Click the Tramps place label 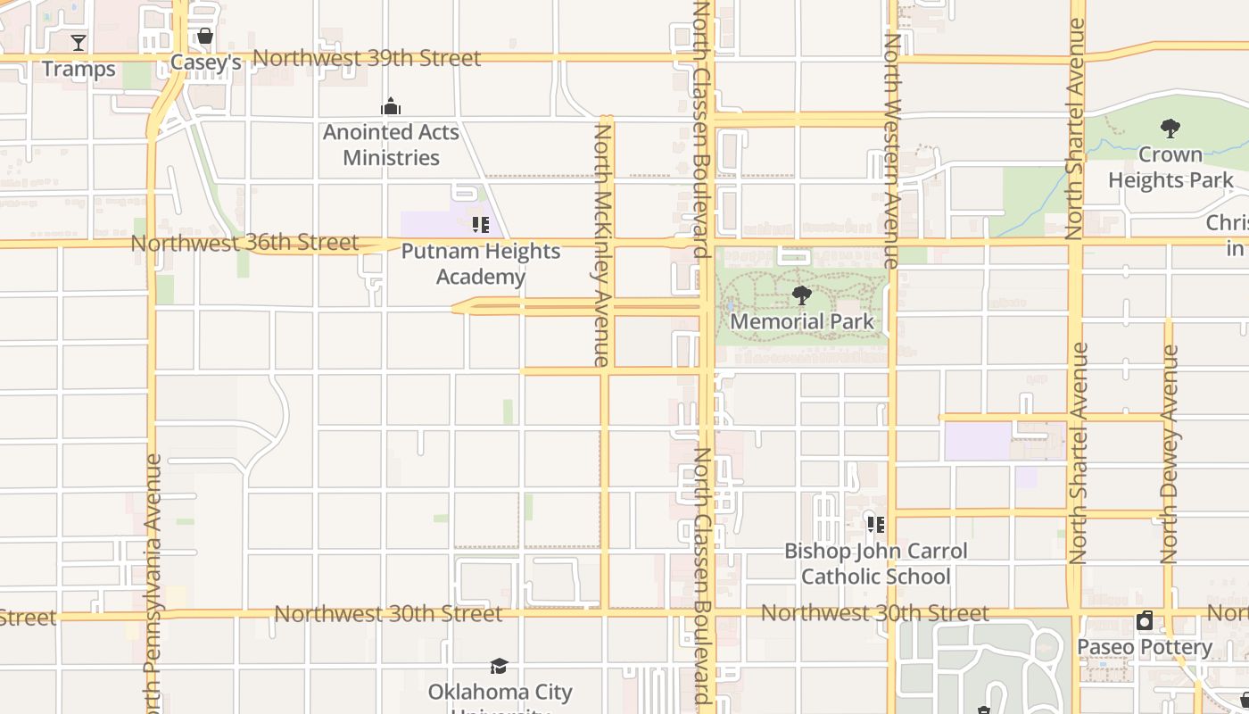(79, 69)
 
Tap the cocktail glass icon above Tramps (79, 42)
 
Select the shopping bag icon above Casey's (205, 37)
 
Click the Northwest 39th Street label (367, 58)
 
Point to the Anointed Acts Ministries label (391, 145)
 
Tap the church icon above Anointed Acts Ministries (391, 108)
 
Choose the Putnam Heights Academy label (480, 263)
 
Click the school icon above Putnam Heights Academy (480, 225)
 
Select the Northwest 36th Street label (244, 243)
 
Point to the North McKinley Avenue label (602, 245)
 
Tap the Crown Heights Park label (1170, 167)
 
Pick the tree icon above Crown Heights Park (1170, 129)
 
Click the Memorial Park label (801, 321)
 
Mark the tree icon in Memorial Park (801, 295)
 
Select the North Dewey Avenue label (1170, 453)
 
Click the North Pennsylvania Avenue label (153, 580)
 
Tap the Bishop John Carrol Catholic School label (875, 563)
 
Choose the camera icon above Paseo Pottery (1145, 620)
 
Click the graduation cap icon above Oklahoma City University (499, 666)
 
